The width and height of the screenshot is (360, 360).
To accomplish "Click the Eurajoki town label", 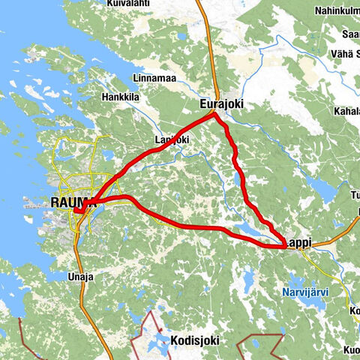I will (223, 104).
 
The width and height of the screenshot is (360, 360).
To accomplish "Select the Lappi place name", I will (298, 242).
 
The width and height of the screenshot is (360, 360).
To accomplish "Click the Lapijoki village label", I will (172, 139).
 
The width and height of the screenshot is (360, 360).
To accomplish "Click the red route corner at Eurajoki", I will (214, 115).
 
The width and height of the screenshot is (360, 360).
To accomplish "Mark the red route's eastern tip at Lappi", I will (284, 244).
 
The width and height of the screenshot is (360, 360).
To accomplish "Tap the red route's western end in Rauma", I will (77, 212).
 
